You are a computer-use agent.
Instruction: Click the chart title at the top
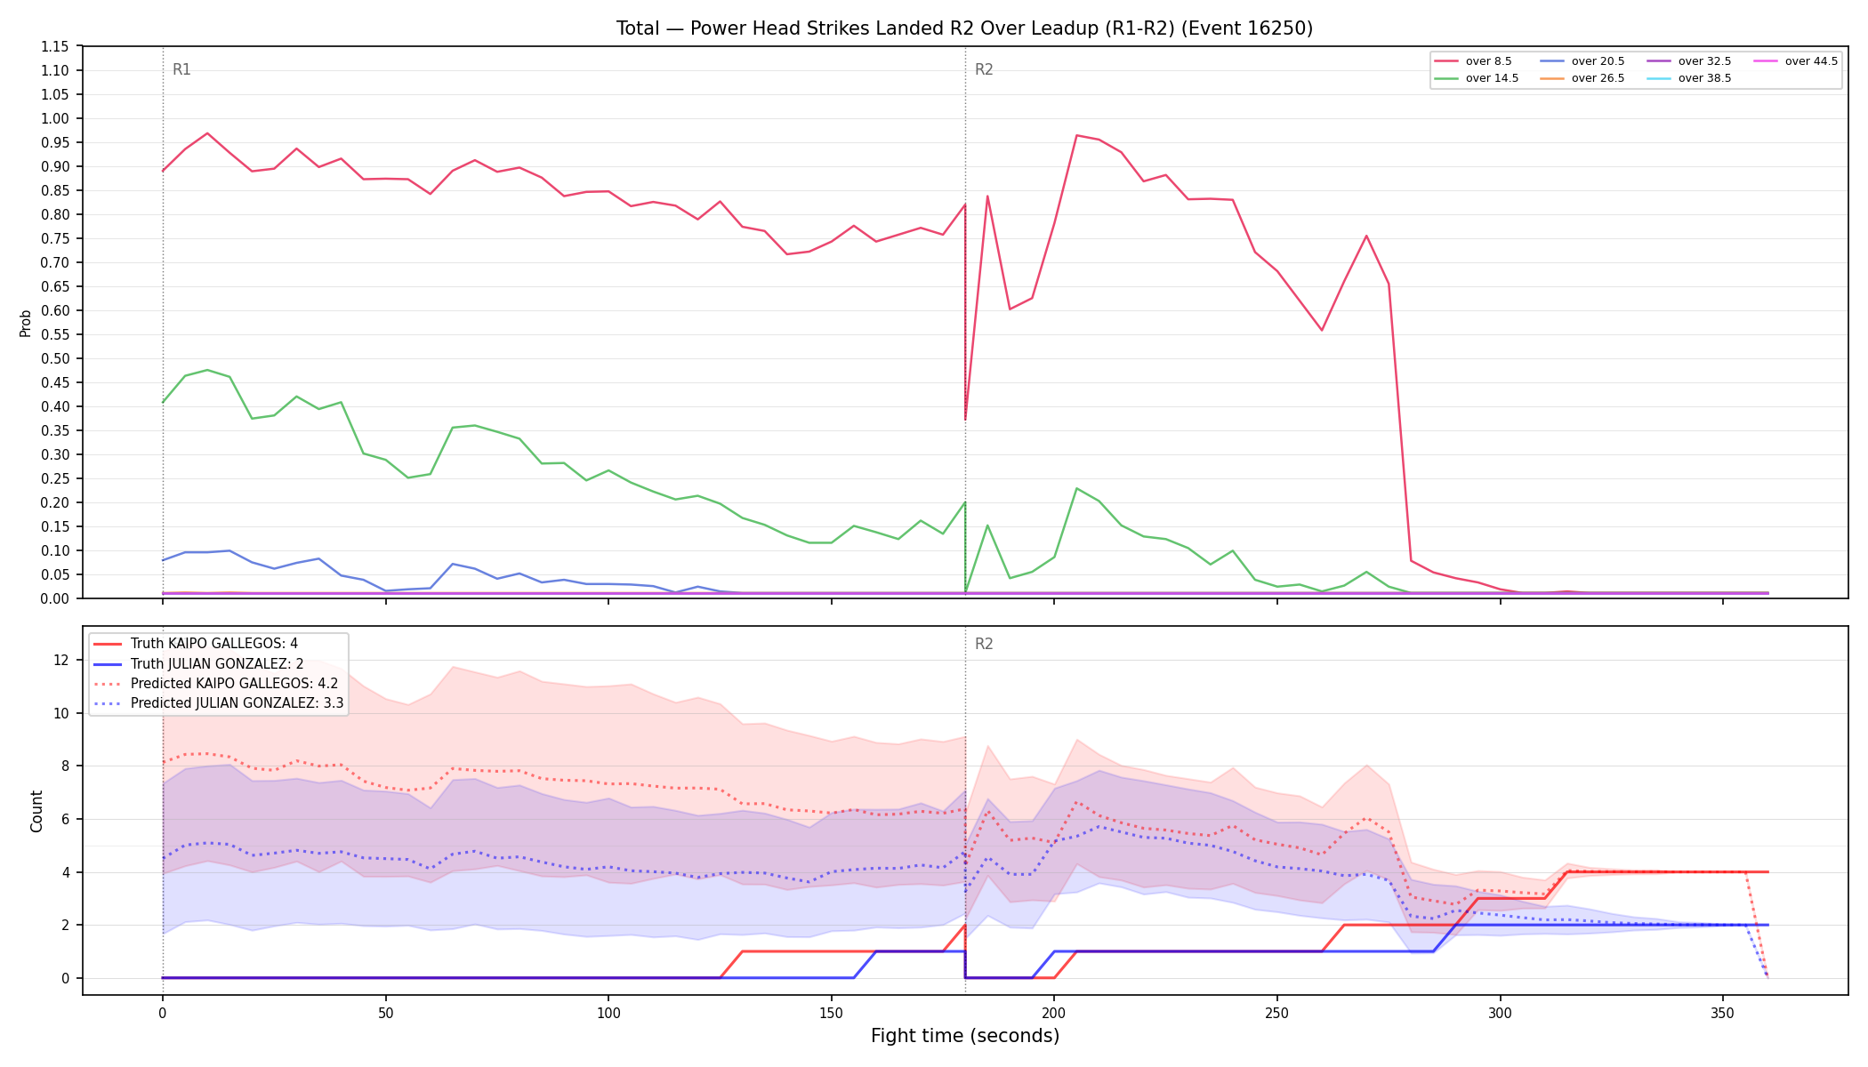pos(964,28)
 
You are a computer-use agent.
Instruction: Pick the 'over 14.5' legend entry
pos(1476,78)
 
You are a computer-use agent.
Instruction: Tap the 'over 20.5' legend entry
pos(1582,61)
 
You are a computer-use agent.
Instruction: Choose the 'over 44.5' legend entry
pos(1796,61)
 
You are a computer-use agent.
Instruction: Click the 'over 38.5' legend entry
pos(1689,78)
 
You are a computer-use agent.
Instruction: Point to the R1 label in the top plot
pos(181,69)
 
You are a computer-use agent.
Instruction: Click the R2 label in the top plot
pos(984,69)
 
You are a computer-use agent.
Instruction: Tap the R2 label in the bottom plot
pos(984,644)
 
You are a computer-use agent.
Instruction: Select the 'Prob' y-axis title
pos(26,323)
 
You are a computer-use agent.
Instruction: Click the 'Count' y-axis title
pos(36,811)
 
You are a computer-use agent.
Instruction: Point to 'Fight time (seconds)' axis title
pos(965,1036)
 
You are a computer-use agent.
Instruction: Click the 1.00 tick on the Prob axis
pos(56,118)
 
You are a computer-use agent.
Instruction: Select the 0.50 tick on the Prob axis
pos(56,358)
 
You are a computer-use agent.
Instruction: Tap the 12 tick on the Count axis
pos(61,660)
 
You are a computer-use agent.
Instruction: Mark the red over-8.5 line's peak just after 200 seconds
pos(1076,135)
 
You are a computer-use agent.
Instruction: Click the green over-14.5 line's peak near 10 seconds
pos(207,370)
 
